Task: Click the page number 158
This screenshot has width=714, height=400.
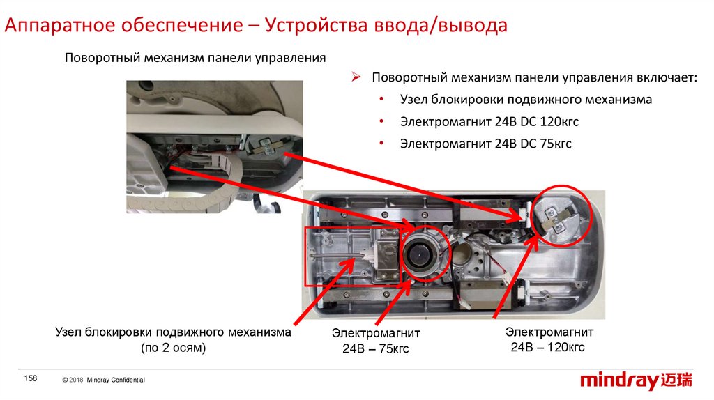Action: click(x=31, y=378)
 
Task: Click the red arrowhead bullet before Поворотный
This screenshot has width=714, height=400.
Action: click(x=356, y=77)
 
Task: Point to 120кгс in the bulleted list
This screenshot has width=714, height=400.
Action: click(x=559, y=121)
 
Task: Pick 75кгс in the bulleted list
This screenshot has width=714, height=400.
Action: click(x=556, y=144)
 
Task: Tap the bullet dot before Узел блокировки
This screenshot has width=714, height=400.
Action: click(x=381, y=99)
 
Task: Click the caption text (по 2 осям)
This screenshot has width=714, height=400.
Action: click(x=173, y=348)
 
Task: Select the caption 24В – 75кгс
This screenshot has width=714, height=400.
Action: click(x=376, y=348)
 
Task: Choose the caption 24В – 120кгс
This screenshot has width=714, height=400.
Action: click(x=547, y=347)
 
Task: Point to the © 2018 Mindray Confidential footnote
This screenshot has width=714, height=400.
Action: click(x=103, y=380)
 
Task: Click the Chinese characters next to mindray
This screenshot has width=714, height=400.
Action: click(x=676, y=380)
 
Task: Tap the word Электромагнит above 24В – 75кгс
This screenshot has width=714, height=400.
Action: click(x=376, y=333)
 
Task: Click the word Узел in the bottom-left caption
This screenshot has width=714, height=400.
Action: click(x=69, y=332)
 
